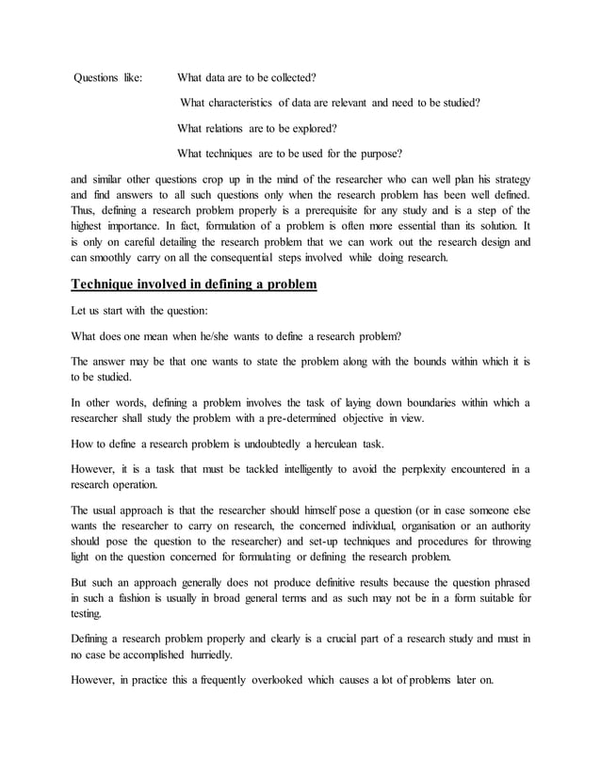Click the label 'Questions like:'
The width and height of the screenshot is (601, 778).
(x=108, y=77)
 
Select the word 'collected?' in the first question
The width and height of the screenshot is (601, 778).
(x=289, y=77)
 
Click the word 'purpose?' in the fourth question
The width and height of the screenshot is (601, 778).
(x=379, y=154)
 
